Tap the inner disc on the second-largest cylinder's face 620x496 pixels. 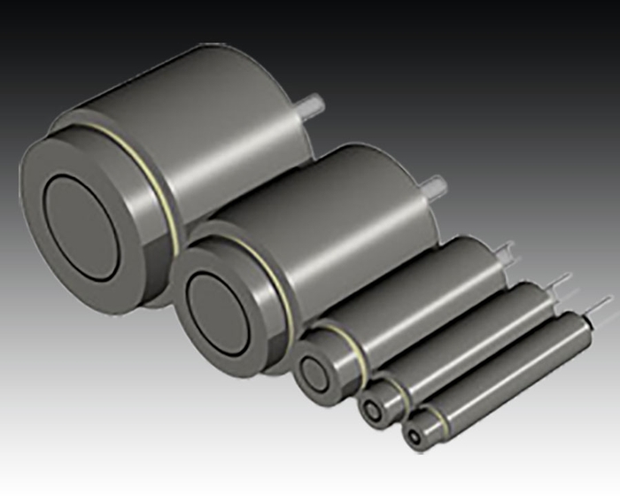[218, 306]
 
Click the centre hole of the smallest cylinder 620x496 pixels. [414, 435]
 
